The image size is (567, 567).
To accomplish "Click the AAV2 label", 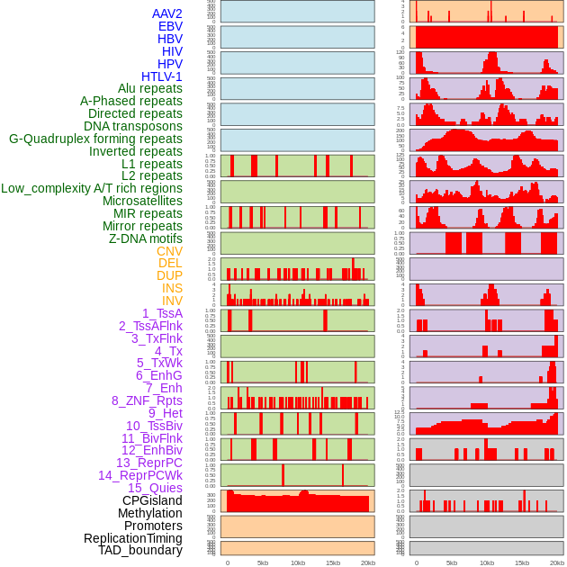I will coord(167,13).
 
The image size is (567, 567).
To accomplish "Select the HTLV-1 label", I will coord(162,76).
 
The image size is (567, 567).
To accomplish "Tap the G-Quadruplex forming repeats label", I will coord(95,139).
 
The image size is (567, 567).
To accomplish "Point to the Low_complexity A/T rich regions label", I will coord(92,188).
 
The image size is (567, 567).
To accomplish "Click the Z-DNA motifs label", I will coord(146,238).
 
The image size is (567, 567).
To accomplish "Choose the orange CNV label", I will coord(169,251).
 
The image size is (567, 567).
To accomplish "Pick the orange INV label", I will coord(172,301).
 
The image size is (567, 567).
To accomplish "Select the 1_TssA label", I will coord(162,313).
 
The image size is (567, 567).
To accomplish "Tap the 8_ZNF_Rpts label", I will coord(147,400).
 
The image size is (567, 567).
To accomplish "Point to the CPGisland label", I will coord(152,500).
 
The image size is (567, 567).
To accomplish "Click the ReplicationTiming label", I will coord(133,538).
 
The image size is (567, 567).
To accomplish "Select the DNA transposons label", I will coord(133,126).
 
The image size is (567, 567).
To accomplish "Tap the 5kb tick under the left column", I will coord(263,562).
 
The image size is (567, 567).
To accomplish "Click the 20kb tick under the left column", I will coord(368,562).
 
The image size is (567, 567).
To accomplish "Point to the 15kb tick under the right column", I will coord(522,562).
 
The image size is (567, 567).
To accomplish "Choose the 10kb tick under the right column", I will coord(487,562).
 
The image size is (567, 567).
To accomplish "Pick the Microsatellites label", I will coord(142,201).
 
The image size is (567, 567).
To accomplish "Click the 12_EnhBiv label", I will coord(152,450).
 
